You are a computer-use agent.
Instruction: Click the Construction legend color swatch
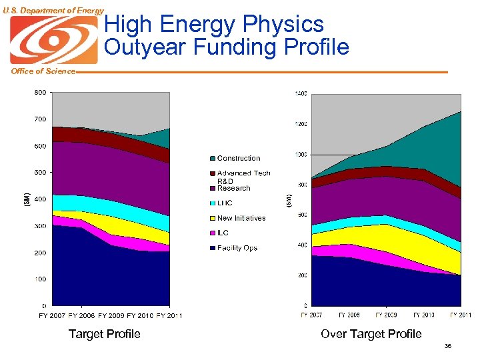213,159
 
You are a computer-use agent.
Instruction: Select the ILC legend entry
223,233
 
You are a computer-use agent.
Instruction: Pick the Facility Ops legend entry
237,248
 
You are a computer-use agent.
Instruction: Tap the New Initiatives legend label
241,218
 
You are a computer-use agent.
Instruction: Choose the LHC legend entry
225,203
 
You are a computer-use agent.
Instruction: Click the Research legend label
233,188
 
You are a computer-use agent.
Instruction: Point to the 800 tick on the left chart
40,93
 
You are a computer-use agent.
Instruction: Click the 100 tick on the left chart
40,279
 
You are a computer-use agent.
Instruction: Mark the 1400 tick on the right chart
301,94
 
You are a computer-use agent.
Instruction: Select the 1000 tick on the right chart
301,155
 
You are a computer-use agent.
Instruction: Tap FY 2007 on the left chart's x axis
52,315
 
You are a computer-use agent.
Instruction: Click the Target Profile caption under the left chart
105,334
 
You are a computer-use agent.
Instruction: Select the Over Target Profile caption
371,334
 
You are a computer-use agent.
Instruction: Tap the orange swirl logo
53,39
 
